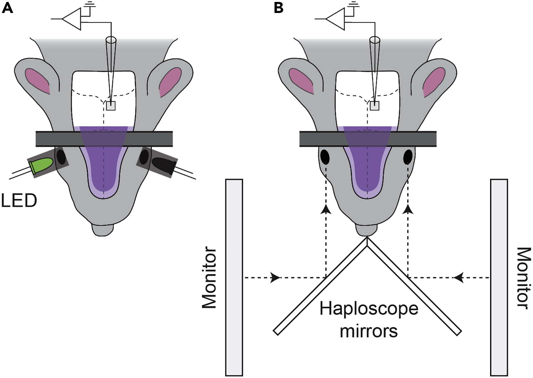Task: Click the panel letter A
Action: tap(7, 8)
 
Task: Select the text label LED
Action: tap(19, 201)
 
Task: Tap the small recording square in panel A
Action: tap(111, 106)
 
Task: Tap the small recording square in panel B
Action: tap(375, 106)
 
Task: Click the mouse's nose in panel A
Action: tap(103, 229)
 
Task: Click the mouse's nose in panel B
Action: tap(367, 230)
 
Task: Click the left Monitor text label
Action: tap(209, 278)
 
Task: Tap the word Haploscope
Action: tap(369, 309)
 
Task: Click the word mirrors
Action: tap(369, 331)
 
